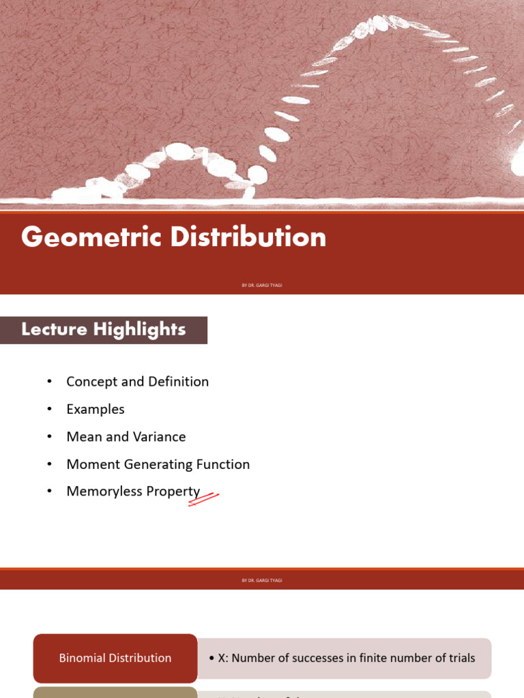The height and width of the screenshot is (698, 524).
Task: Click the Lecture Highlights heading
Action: pos(104,330)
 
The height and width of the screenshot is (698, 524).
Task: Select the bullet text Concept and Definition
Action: pos(137,382)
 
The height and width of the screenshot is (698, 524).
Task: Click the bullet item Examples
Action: pos(96,410)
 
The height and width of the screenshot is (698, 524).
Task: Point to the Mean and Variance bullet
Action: pos(126,437)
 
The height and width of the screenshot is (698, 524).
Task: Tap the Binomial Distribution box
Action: pos(115,658)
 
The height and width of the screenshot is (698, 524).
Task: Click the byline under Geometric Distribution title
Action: pos(262,285)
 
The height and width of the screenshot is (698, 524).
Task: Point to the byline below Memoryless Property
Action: pos(262,580)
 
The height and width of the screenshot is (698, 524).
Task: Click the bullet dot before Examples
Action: pos(49,410)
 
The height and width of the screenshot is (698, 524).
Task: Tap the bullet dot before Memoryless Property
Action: pos(49,491)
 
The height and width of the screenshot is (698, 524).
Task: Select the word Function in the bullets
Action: pos(222,464)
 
